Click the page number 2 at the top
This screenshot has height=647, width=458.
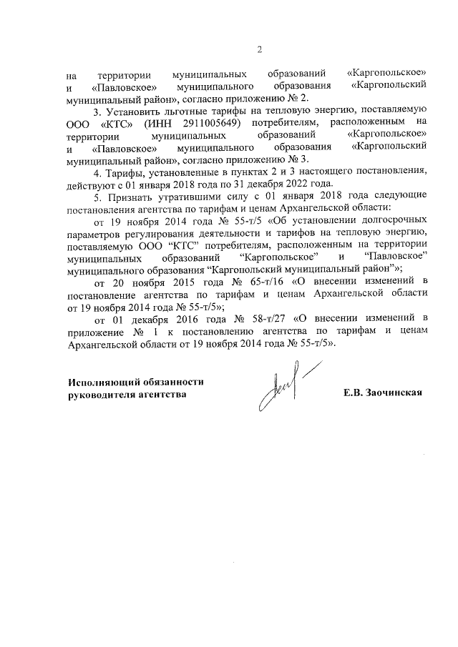(x=260, y=49)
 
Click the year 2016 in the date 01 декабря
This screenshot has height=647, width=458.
(x=185, y=317)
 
